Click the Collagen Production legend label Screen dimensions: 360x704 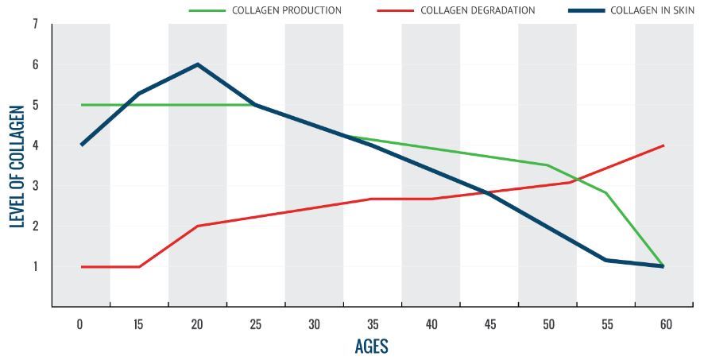[286, 10]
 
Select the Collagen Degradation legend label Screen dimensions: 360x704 [478, 10]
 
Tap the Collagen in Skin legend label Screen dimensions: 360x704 [652, 10]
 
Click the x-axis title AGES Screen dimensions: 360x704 [371, 346]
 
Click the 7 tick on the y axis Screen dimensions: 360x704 [35, 24]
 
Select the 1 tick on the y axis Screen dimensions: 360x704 [35, 266]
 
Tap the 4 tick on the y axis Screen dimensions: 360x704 [35, 145]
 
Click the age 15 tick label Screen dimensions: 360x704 [139, 324]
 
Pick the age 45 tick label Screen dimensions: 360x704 [489, 324]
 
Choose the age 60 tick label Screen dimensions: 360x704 [665, 324]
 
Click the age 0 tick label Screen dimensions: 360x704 [80, 324]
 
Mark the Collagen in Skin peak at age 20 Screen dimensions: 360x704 [197, 64]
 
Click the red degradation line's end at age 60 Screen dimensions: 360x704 [663, 145]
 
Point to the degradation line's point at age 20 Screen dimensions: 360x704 [197, 226]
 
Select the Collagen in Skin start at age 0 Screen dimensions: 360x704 [81, 145]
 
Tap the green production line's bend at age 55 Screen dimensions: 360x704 [605, 192]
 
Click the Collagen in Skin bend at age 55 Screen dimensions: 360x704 [605, 260]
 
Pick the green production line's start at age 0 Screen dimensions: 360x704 [81, 105]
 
